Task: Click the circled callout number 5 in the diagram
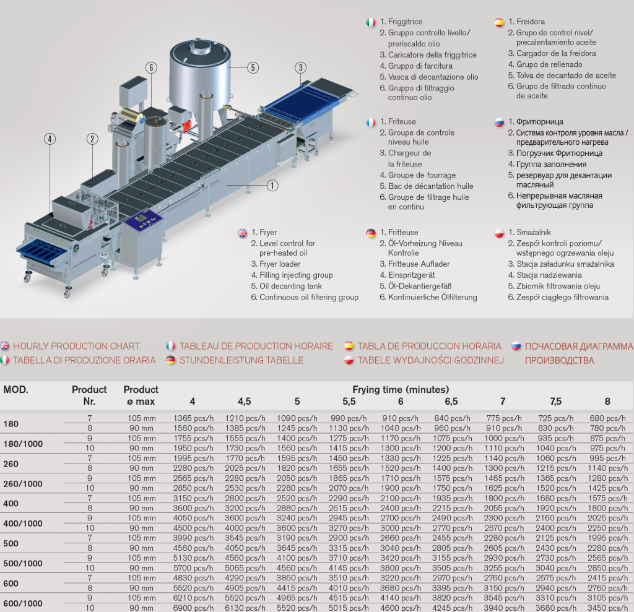point(253,68)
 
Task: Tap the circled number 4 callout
point(50,139)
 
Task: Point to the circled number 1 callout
point(272,186)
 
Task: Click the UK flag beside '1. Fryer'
point(242,233)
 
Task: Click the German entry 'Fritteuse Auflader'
point(419,264)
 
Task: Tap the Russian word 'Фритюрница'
point(540,122)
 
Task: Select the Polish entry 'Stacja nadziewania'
point(549,275)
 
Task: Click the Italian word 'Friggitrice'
point(405,22)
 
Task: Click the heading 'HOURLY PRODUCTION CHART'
point(76,346)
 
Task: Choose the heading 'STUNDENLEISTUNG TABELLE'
point(241,360)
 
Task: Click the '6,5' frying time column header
point(451,402)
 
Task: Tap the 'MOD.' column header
point(15,390)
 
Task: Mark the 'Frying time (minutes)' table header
point(401,389)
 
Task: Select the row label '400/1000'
point(23,524)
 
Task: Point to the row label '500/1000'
point(23,563)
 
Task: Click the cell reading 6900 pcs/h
point(193,608)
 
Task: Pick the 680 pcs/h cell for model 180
point(608,418)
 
